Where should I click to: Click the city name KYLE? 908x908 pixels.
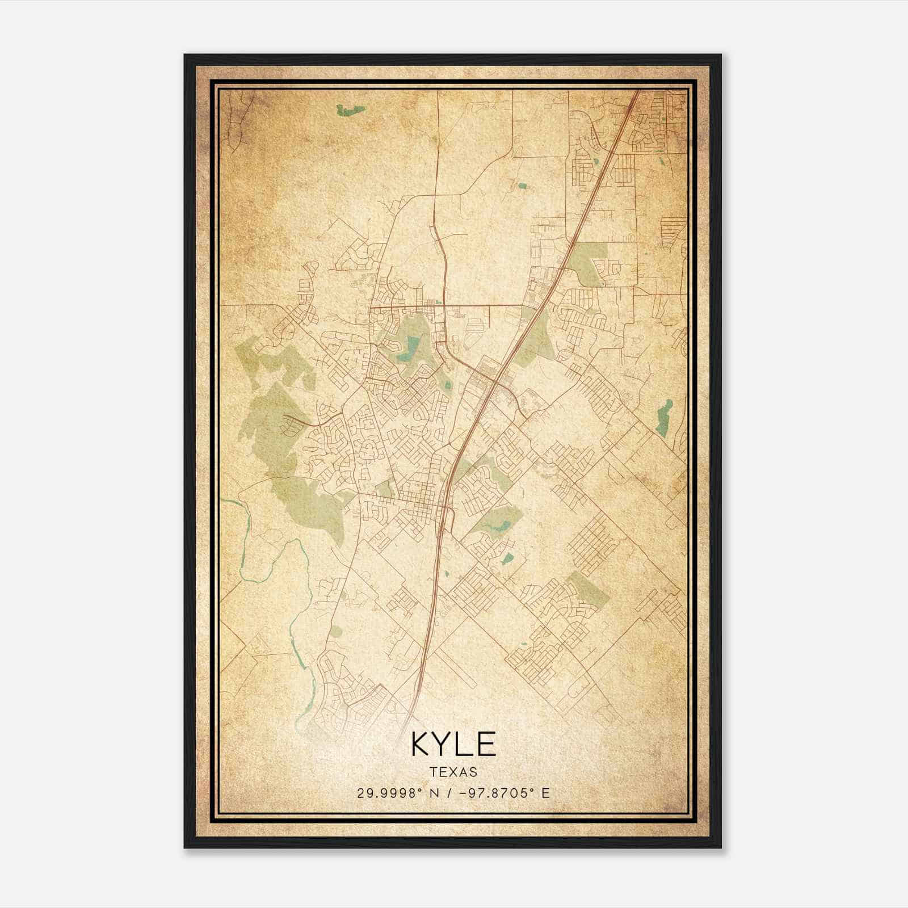pyautogui.click(x=453, y=744)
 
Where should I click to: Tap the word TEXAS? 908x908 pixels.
pyautogui.click(x=453, y=772)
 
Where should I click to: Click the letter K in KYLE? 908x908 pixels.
pyautogui.click(x=422, y=744)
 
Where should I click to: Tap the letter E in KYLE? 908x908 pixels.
pyautogui.click(x=487, y=744)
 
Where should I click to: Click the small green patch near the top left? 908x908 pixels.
pyautogui.click(x=348, y=109)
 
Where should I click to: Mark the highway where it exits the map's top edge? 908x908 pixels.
pyautogui.click(x=637, y=91)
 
